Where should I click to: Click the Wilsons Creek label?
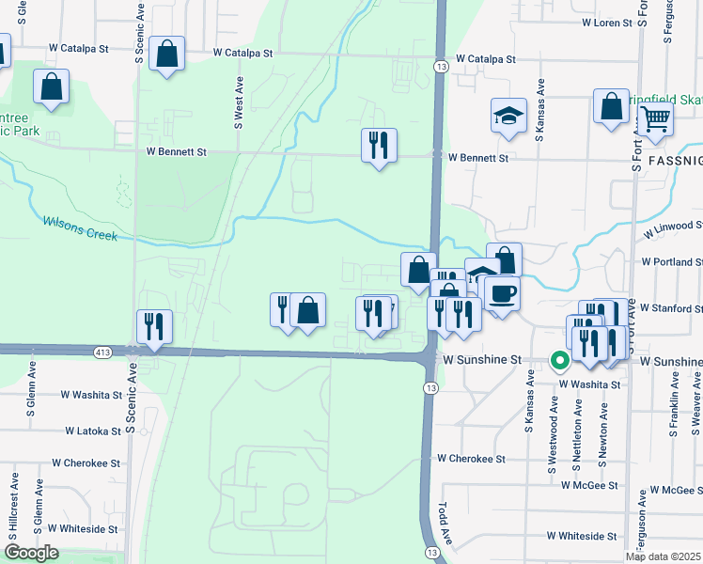(80, 228)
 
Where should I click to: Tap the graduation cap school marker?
(508, 117)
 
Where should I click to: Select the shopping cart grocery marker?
(655, 120)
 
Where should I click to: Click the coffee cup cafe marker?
(501, 293)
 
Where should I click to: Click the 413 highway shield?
(102, 352)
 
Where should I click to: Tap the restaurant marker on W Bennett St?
(379, 146)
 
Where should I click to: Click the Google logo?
(31, 553)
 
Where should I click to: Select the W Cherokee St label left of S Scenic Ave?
(86, 463)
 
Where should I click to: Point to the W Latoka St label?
(93, 431)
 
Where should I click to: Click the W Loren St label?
(607, 21)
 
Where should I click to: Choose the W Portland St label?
(671, 262)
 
